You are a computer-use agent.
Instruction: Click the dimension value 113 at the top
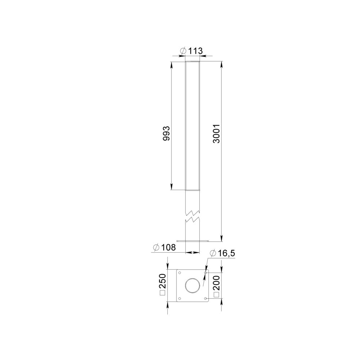pos(195,51)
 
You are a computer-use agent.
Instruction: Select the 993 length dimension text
pos(167,133)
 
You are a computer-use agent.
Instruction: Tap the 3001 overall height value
pos(216,134)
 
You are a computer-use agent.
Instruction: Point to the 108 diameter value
pos(168,247)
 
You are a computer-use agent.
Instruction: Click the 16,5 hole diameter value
pos(226,253)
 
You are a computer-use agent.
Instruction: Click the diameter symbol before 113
pos(183,51)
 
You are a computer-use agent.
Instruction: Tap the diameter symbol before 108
pos(156,247)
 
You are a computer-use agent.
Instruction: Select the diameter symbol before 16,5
pos(213,253)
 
